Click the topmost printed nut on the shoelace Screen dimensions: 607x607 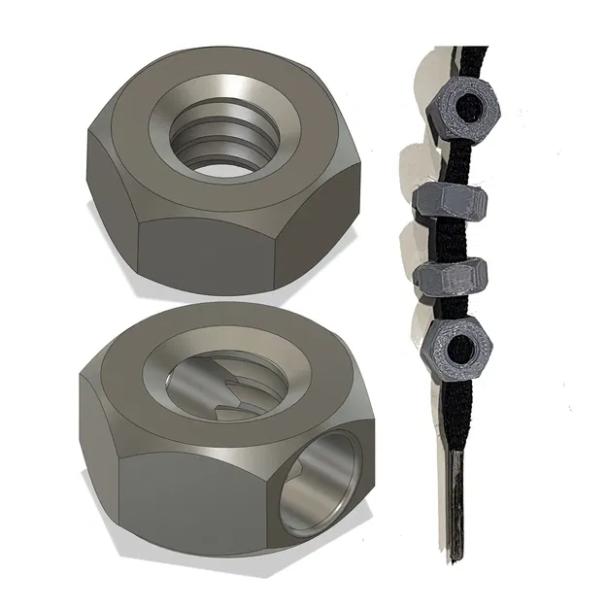point(466,108)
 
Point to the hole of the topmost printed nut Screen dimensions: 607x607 point(477,104)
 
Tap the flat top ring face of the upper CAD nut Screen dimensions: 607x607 point(146,117)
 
